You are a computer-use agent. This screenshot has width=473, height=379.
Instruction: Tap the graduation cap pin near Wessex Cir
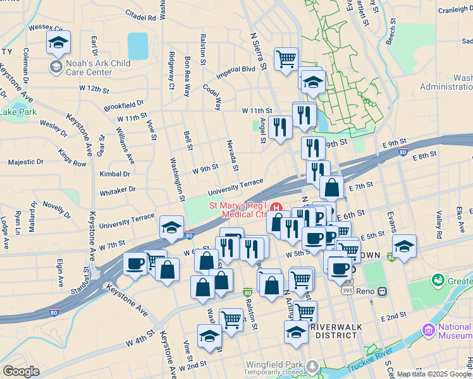point(58,42)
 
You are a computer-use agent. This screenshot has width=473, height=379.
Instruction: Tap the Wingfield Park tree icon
point(312,366)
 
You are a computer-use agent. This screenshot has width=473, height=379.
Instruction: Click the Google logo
point(21,371)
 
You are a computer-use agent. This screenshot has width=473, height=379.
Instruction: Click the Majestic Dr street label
point(26,162)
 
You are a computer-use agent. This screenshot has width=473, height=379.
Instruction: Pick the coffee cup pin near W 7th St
point(134,263)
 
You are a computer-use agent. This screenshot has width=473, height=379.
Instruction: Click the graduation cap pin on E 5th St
point(404,246)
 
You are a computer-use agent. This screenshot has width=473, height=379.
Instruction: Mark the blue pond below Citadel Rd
point(137,46)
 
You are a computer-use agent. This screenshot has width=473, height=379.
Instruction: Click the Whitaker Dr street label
point(118,189)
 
